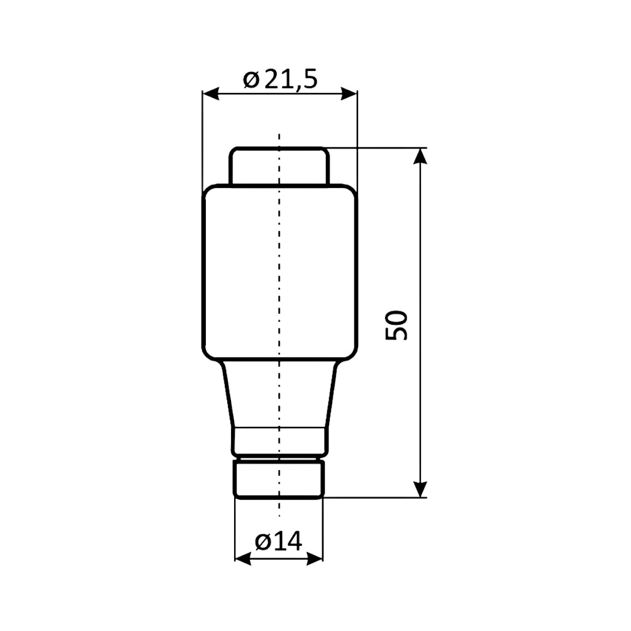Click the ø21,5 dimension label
point(280,79)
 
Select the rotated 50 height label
point(396,325)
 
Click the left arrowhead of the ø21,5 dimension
point(211,94)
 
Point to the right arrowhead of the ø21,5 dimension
point(349,94)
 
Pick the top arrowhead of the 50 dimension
point(420,156)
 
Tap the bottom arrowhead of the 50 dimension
point(420,489)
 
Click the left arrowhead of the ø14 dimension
point(243,558)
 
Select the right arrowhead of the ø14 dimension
point(315,558)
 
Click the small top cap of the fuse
point(279,166)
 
